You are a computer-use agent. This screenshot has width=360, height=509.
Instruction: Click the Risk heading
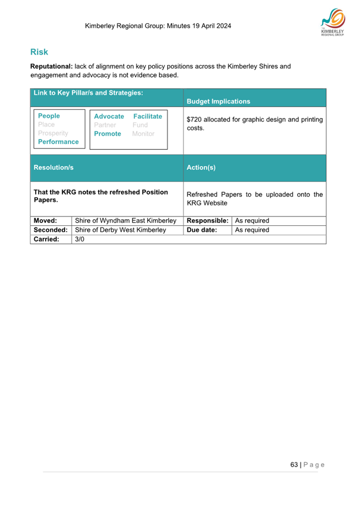(39, 52)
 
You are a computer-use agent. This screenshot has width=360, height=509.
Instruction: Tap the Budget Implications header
(218, 101)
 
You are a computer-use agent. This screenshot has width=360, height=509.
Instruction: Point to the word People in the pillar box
(49, 116)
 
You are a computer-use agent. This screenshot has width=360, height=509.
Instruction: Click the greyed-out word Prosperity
(53, 133)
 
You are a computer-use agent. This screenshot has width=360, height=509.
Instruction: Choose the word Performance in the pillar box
(58, 142)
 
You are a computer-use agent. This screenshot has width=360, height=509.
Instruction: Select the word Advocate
(109, 117)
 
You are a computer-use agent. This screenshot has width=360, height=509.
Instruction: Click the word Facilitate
(148, 117)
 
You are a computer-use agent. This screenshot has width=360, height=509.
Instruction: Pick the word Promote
(108, 134)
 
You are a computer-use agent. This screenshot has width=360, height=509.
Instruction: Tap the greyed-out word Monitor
(143, 134)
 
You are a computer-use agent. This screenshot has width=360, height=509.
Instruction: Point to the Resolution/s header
(53, 166)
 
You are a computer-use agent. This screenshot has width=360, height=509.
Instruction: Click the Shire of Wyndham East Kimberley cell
(126, 220)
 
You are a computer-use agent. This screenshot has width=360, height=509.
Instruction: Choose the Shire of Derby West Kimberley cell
(120, 230)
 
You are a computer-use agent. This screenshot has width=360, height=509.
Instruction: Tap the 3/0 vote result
(79, 239)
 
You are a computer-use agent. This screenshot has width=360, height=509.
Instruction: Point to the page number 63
(294, 464)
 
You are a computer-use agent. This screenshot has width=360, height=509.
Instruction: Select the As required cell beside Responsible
(252, 220)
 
